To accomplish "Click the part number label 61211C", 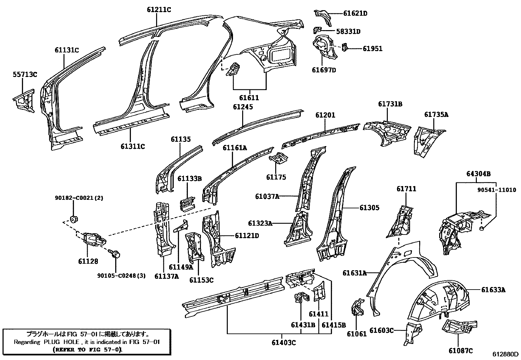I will (x=159, y=10).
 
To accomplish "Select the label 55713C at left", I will (x=25, y=75).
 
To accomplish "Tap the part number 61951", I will (x=372, y=49).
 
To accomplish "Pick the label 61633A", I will (x=493, y=290).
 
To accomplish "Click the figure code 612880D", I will (x=506, y=354).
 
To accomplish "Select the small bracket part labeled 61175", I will (x=279, y=159).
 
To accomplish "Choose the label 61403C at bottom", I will (x=283, y=343).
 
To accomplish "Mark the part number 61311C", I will (x=133, y=146).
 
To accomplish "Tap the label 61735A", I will (x=436, y=114).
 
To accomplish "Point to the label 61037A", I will (x=267, y=196).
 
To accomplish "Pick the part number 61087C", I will (x=461, y=351).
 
